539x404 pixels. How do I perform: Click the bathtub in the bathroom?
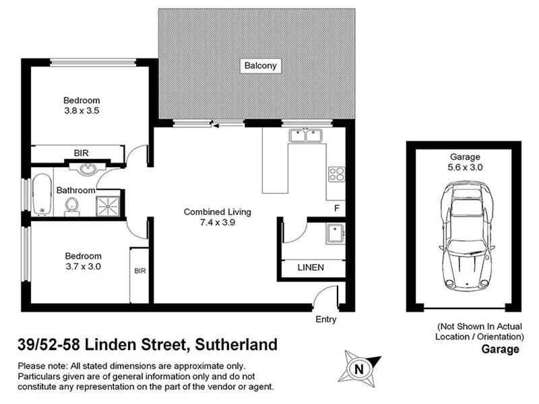(42, 195)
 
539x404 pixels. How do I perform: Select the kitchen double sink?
(306, 136)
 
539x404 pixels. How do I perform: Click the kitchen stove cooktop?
(336, 174)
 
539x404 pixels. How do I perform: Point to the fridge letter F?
(336, 207)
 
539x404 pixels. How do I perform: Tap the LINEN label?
(311, 267)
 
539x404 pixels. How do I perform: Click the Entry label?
(326, 320)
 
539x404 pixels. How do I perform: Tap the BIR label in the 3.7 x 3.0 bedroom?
(140, 271)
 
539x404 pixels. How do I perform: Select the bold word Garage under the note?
(500, 349)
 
